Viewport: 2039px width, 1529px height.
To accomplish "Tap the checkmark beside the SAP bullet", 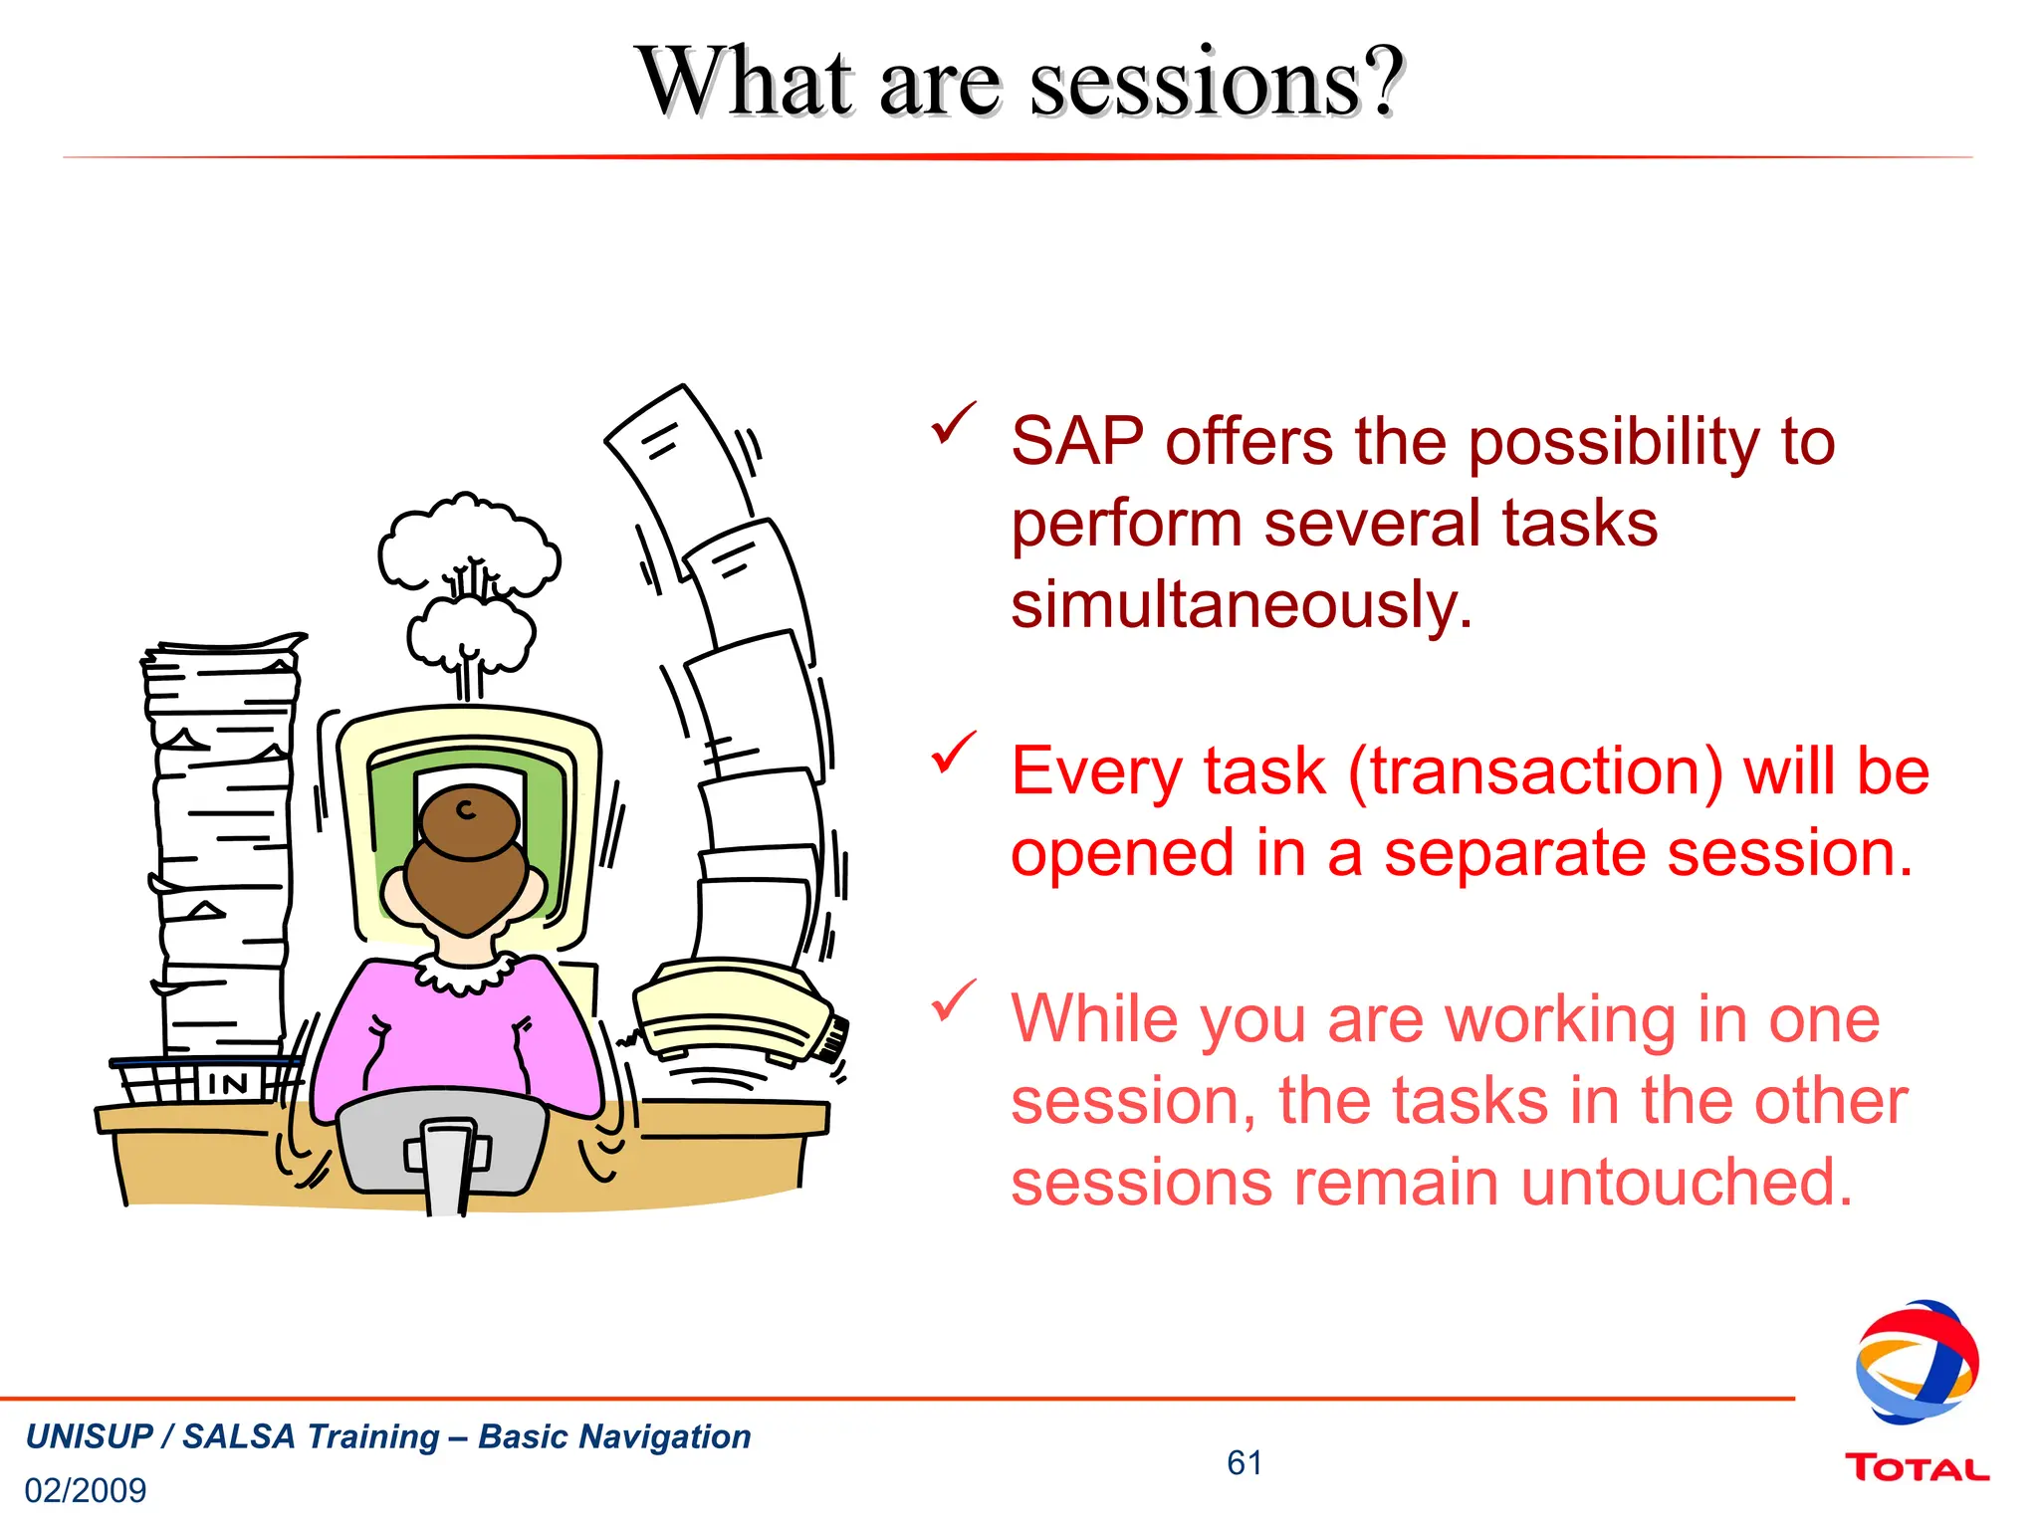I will coord(953,423).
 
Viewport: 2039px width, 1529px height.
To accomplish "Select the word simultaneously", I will coord(1241,605).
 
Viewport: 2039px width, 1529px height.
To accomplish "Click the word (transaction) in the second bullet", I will coord(1535,772).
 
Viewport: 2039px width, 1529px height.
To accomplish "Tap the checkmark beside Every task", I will coord(953,753).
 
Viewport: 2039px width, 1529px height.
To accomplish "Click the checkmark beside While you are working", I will coord(953,1000).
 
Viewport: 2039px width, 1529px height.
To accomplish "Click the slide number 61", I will coord(1245,1462).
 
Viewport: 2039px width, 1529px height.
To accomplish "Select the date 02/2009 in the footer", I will coord(86,1490).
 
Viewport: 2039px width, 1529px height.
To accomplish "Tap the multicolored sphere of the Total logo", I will coord(1917,1362).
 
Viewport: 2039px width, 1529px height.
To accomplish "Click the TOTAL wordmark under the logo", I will coord(1917,1468).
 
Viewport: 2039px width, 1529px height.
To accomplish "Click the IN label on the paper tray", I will coord(228,1083).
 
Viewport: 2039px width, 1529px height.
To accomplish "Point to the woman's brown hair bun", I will coord(469,822).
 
